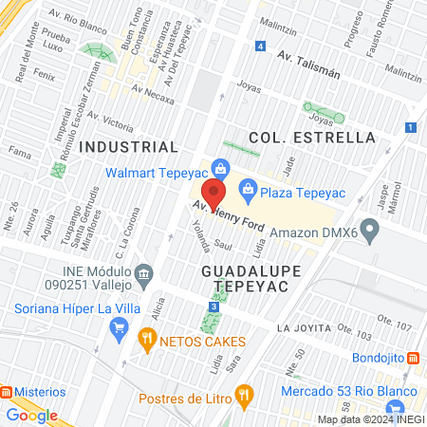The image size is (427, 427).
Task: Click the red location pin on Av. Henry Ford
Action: [x=213, y=194]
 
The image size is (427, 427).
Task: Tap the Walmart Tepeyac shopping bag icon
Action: [x=220, y=171]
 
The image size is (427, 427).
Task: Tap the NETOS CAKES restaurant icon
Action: [x=146, y=338]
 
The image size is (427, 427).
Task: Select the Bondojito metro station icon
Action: [x=413, y=358]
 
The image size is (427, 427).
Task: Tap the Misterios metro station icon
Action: [x=7, y=392]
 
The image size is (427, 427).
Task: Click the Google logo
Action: [x=31, y=415]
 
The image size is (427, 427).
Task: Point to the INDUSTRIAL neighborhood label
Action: [x=128, y=147]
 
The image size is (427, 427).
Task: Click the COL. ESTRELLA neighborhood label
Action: [x=312, y=138]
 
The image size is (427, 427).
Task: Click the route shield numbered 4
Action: [x=260, y=46]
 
